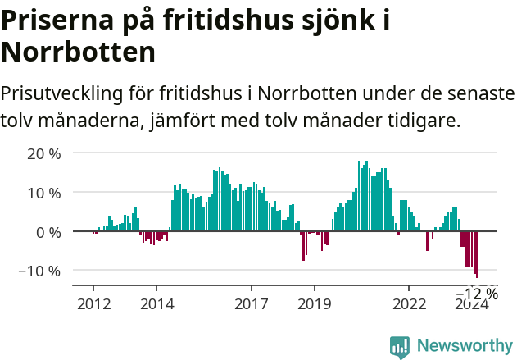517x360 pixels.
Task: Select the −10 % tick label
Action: click(x=39, y=271)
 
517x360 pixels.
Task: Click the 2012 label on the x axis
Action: click(x=93, y=303)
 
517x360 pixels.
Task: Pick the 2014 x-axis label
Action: click(x=156, y=303)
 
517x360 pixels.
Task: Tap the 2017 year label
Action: click(x=252, y=303)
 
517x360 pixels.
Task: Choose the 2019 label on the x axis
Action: click(x=315, y=303)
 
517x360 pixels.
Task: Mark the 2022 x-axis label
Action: click(x=410, y=303)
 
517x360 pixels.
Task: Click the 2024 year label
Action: click(x=472, y=303)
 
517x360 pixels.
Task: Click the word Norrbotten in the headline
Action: click(x=79, y=52)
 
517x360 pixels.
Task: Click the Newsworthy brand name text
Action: click(x=465, y=345)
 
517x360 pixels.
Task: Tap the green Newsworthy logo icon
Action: click(x=400, y=346)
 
